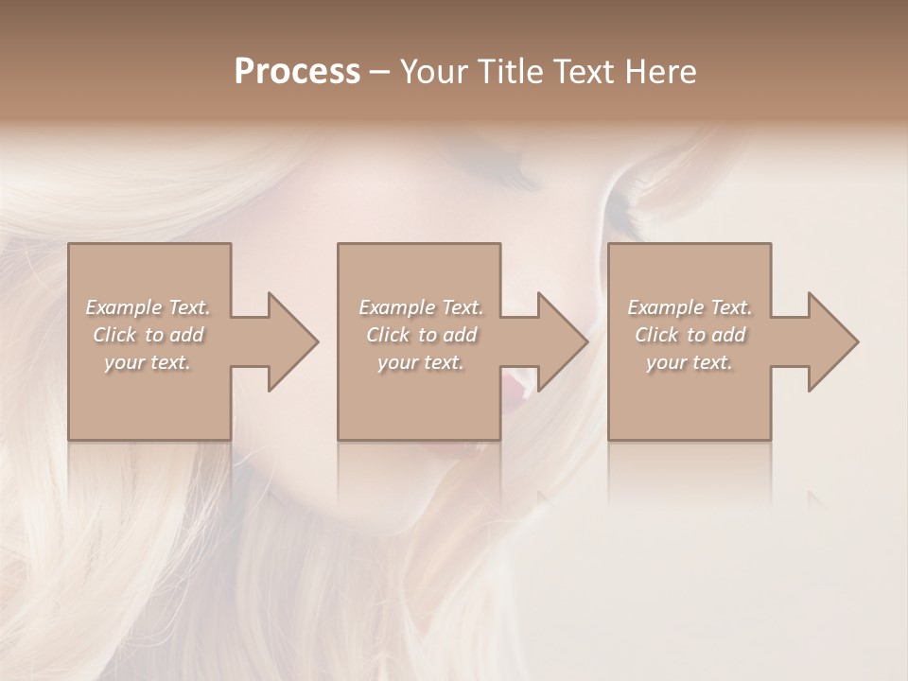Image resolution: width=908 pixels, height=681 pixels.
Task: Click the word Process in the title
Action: pyautogui.click(x=297, y=72)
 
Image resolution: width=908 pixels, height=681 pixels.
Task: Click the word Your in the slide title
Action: pyautogui.click(x=431, y=72)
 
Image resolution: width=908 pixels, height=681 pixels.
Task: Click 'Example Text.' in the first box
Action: pyautogui.click(x=148, y=307)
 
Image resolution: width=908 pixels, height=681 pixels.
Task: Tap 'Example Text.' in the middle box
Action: pyautogui.click(x=421, y=307)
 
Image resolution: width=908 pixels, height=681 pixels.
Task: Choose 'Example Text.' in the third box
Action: pyautogui.click(x=690, y=307)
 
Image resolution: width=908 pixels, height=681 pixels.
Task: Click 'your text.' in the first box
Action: pyautogui.click(x=148, y=362)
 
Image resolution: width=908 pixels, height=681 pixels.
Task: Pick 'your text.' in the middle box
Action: pyautogui.click(x=421, y=362)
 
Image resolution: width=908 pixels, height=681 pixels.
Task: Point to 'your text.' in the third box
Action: pyautogui.click(x=690, y=362)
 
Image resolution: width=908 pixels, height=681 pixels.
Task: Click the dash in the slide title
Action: pyautogui.click(x=380, y=73)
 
